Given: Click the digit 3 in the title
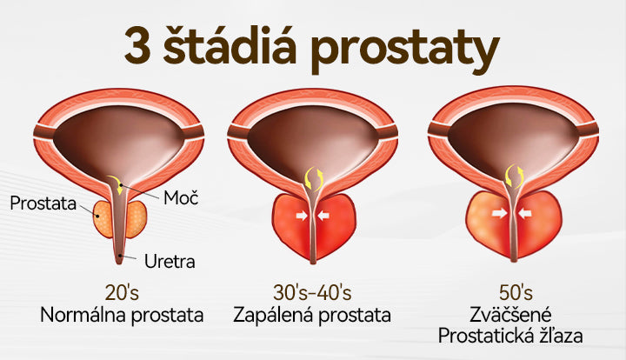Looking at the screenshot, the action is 137,45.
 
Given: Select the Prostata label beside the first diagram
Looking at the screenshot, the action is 43,203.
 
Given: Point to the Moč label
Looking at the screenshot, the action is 181,197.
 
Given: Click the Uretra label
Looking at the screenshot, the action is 170,262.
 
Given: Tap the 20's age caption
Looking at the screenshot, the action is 122,292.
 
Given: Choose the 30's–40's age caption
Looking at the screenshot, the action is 312,292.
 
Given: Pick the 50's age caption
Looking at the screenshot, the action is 516,292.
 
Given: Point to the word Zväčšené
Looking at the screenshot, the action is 510,315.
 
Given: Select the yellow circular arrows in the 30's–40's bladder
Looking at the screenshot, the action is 313,178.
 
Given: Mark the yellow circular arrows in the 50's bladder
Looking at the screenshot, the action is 515,177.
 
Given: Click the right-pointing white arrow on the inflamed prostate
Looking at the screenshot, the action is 302,216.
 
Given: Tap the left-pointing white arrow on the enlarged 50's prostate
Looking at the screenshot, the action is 524,214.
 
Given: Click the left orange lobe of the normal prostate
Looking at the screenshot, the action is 103,219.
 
